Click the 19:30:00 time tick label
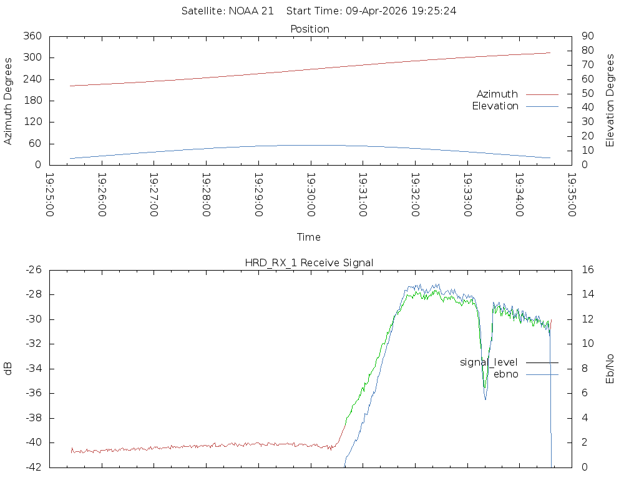(310, 194)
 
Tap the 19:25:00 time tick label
(50, 194)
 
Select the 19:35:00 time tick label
(570, 194)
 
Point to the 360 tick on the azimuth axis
(31, 36)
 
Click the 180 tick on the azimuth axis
(31, 101)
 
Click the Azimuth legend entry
(497, 94)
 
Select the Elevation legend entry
(495, 106)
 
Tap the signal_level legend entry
(489, 362)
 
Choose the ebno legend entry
(505, 374)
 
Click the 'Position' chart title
(310, 29)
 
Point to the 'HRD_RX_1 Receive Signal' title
(310, 262)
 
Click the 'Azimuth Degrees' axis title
(9, 101)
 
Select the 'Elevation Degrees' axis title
(611, 101)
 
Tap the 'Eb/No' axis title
(611, 368)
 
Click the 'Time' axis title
(309, 237)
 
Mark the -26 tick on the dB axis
(32, 270)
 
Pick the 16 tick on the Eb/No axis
(587, 270)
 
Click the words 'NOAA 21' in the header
(251, 11)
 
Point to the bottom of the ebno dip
(485, 399)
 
